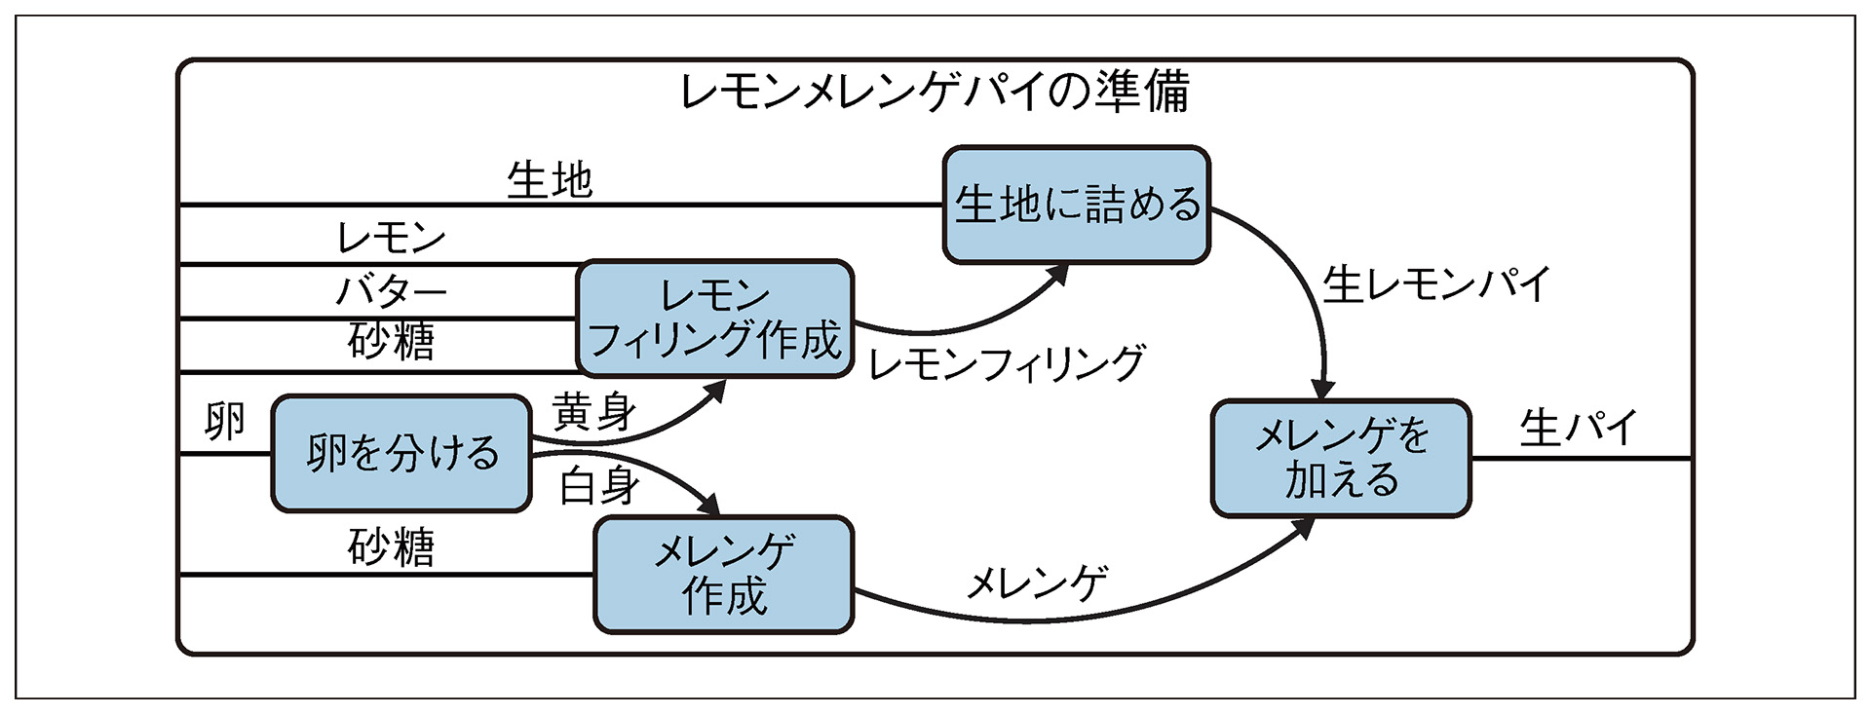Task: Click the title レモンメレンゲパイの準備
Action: coord(934,92)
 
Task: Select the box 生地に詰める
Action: coord(1076,205)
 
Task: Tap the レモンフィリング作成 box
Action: coord(714,319)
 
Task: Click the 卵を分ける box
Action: coord(401,453)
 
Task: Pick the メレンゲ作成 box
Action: coord(723,575)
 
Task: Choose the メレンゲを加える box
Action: coord(1340,458)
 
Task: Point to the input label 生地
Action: coord(550,181)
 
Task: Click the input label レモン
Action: coord(390,238)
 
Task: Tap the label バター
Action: coord(390,290)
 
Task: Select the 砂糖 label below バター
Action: coord(390,342)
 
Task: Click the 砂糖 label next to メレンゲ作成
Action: coord(390,547)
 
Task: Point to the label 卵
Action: coord(224,422)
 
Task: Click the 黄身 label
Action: coord(594,413)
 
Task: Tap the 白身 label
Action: coord(598,486)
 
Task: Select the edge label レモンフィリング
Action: coord(1006,363)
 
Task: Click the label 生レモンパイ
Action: coord(1435,284)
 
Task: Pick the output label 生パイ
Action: coord(1578,428)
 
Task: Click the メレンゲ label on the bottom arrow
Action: coord(1037,582)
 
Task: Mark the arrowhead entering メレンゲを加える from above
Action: coord(1324,388)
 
